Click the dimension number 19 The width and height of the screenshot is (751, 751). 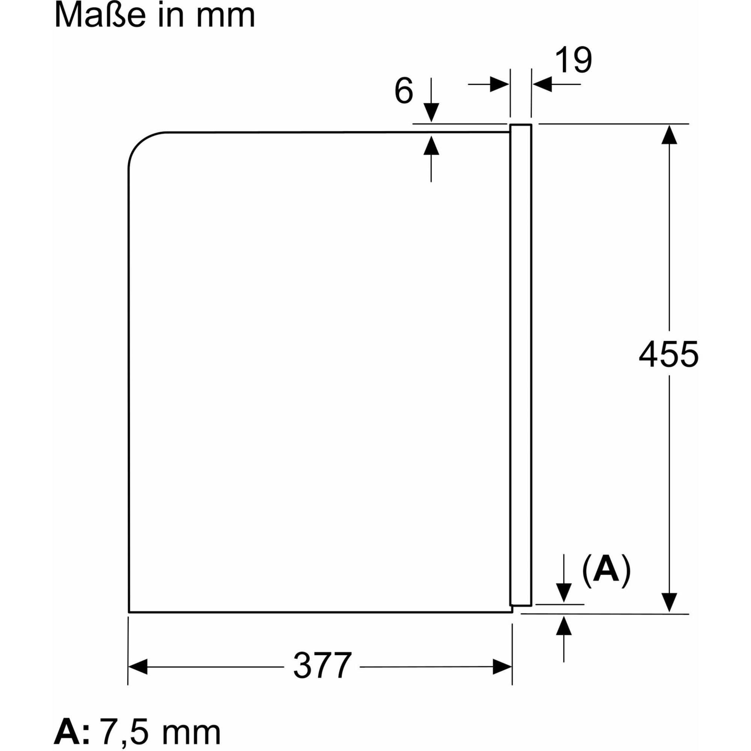point(573,60)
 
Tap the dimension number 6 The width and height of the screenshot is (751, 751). point(404,91)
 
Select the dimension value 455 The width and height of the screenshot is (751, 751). point(668,354)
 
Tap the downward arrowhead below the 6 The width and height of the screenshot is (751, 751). point(431,112)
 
